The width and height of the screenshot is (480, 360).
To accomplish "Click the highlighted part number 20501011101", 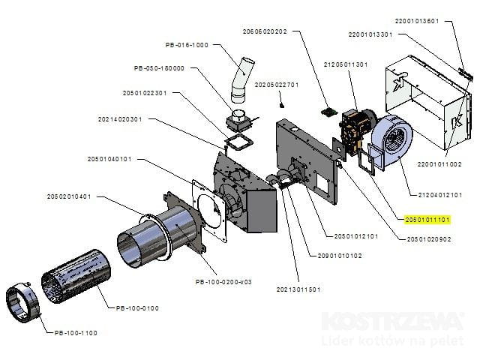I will pos(427,220).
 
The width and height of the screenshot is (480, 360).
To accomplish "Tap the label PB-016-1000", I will pos(186,45).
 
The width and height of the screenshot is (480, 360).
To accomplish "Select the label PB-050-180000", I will pos(159,68).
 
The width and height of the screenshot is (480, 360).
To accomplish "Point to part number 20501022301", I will pos(144,93).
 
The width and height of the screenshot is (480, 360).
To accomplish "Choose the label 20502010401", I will pos(68,196).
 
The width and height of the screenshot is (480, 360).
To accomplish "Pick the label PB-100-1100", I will pos(64,332).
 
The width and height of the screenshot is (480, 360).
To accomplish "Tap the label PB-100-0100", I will pos(138,307).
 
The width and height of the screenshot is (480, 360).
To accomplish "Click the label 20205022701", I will pos(277,85).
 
